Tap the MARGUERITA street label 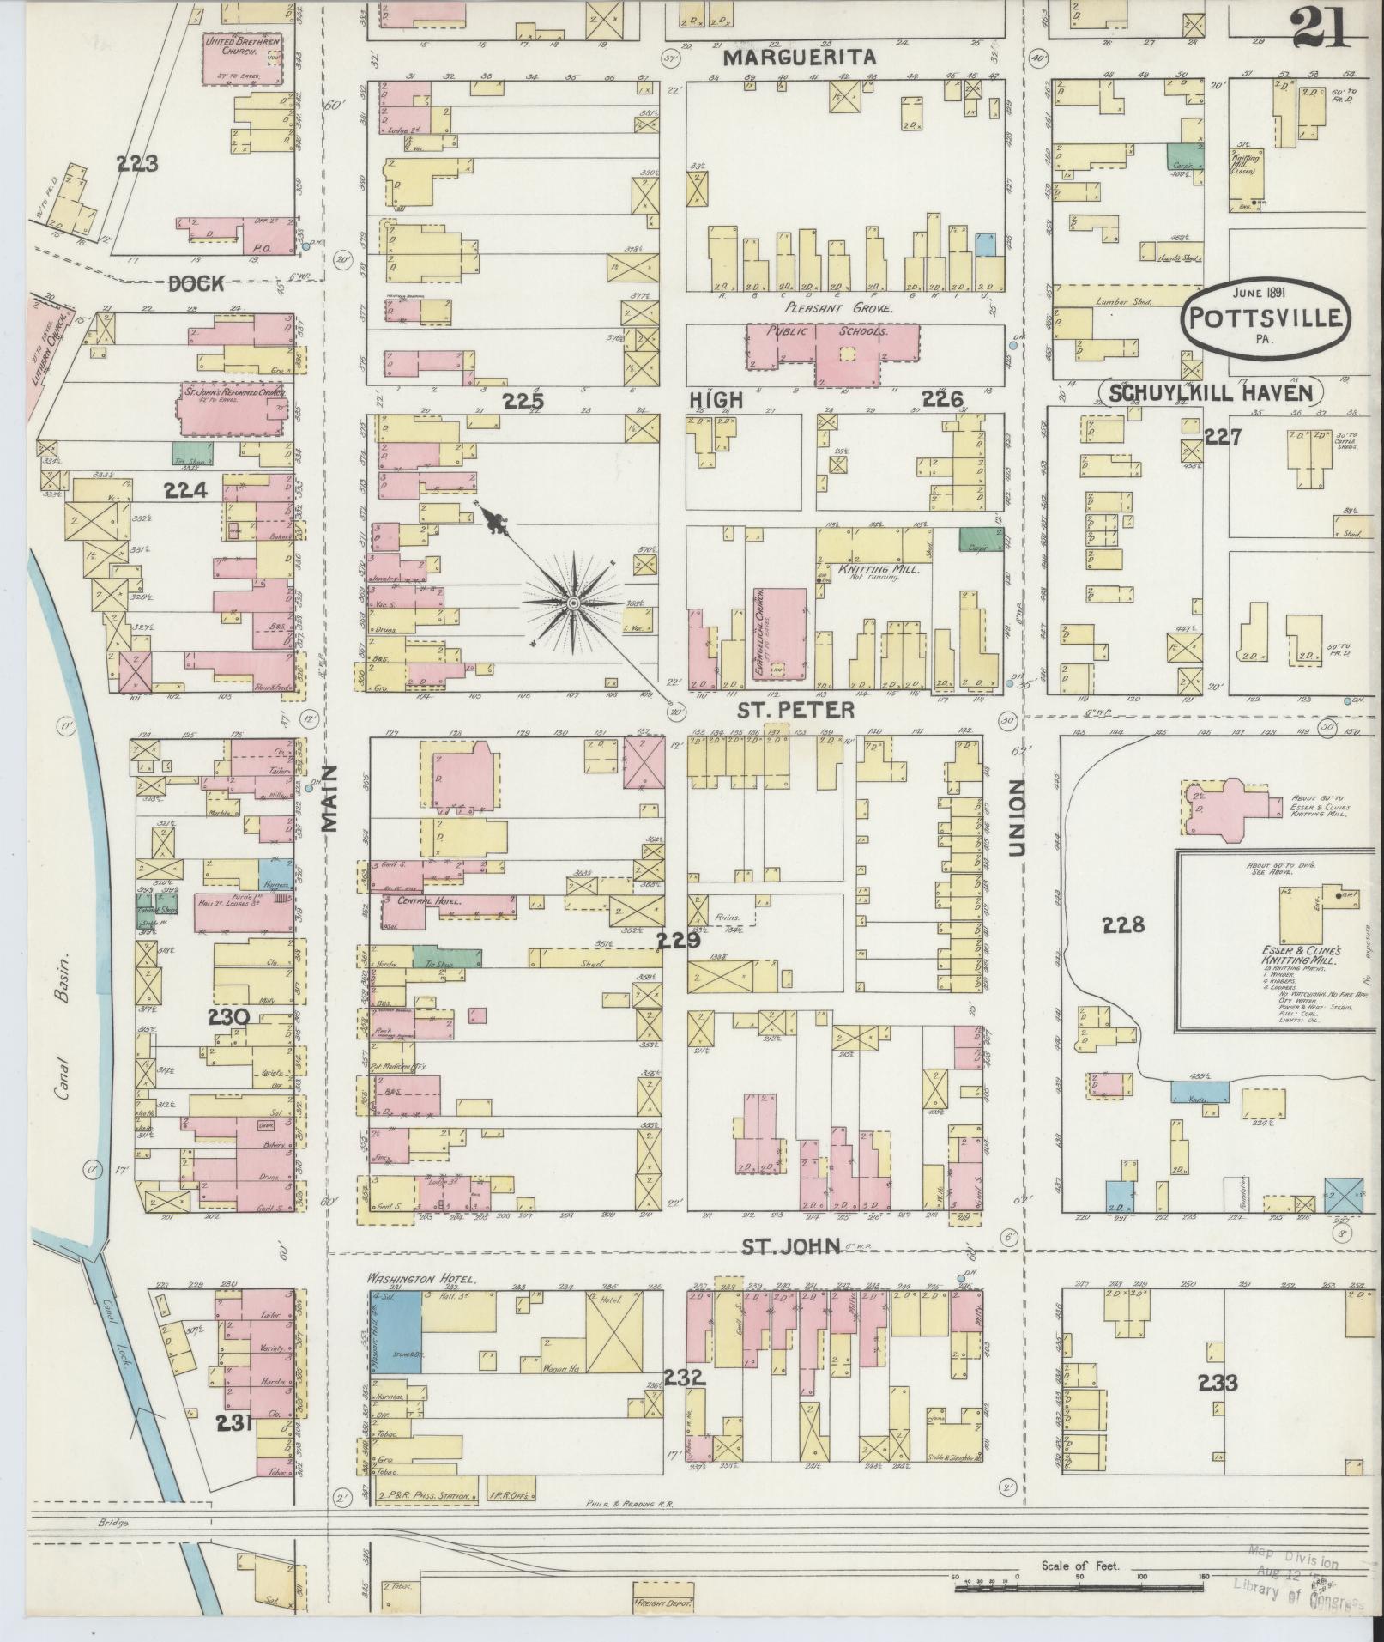(x=799, y=58)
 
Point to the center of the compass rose (x=571, y=604)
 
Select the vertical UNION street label (x=1018, y=818)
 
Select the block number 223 (x=138, y=163)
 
